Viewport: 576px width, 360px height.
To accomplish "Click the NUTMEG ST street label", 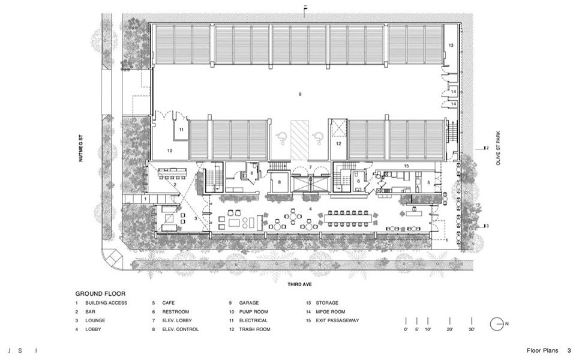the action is [x=81, y=148].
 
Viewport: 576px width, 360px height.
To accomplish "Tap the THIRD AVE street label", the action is [x=300, y=284].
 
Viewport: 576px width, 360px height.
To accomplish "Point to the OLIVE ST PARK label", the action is [x=498, y=148].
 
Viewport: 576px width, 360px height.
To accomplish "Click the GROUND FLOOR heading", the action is [x=100, y=293].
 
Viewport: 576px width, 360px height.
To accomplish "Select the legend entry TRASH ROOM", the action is [x=254, y=329].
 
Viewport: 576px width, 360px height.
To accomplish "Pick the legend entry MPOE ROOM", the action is [x=331, y=311].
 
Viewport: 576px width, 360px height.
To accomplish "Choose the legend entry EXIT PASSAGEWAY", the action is [x=337, y=320].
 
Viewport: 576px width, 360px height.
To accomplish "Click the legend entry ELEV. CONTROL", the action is [x=181, y=329].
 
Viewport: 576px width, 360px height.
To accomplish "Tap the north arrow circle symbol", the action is [x=496, y=323].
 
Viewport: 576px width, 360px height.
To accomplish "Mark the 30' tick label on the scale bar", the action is [x=472, y=329].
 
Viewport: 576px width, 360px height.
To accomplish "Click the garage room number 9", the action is [x=300, y=94].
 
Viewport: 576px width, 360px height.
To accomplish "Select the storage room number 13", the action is [x=451, y=46].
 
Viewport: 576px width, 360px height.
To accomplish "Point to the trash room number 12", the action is [x=338, y=143].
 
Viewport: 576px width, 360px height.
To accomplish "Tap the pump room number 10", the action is [x=170, y=151].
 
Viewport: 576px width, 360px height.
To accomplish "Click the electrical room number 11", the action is [x=181, y=130].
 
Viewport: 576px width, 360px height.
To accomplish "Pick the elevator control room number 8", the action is [x=279, y=182].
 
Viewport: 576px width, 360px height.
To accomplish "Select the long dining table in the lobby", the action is [x=348, y=218].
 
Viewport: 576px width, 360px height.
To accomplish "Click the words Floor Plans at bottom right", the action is [x=542, y=350].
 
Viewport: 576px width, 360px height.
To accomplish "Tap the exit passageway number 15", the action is [x=406, y=166].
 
